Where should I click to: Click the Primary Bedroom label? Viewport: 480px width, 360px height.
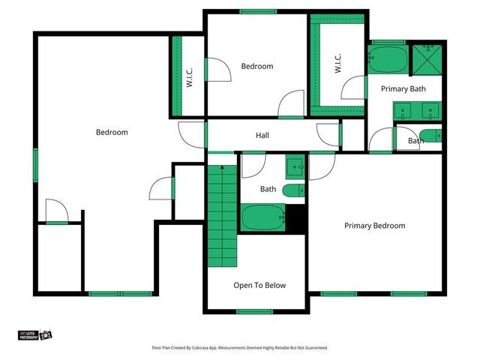tap(374, 226)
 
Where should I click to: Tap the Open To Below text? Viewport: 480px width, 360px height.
tap(259, 285)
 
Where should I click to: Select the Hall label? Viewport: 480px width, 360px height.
tap(262, 136)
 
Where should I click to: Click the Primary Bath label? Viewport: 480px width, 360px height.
tap(403, 89)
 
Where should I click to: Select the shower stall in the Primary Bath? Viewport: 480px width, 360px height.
tap(429, 58)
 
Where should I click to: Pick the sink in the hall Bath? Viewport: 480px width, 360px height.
tap(295, 166)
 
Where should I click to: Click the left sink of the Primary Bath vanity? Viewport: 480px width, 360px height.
tap(405, 112)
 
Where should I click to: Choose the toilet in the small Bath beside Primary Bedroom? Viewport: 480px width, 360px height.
tap(430, 136)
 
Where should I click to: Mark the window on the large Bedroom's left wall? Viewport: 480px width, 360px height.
tap(35, 165)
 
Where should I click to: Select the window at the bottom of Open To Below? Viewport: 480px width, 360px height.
tap(254, 310)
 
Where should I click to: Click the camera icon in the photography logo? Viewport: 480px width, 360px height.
tap(45, 334)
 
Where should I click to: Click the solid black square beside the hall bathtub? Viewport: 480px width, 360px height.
tap(297, 219)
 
